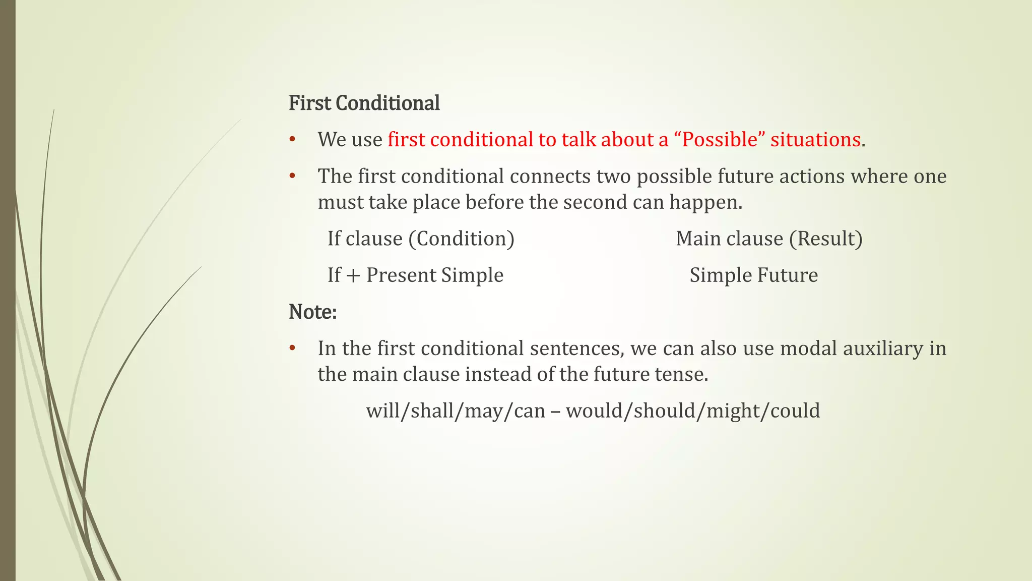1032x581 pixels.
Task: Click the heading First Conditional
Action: [x=364, y=103]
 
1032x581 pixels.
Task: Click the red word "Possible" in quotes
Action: [x=719, y=140]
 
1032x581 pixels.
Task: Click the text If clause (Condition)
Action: [x=421, y=239]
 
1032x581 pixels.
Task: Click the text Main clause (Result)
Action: [x=769, y=239]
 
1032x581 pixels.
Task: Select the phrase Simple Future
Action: [x=753, y=275]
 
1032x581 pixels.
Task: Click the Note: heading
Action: [x=312, y=312]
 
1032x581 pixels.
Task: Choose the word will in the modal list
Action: [x=382, y=411]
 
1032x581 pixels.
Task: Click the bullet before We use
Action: [x=292, y=140]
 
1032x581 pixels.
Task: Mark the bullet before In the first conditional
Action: [x=292, y=348]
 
